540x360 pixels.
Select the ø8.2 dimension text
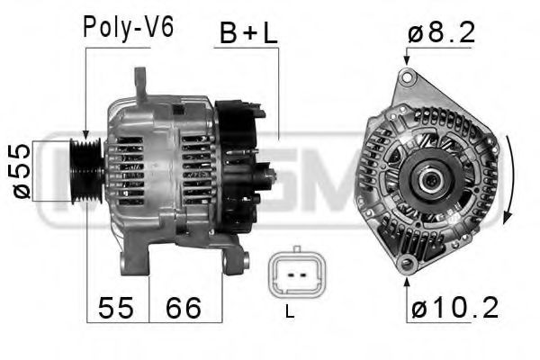(442, 33)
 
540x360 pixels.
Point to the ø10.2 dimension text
(455, 309)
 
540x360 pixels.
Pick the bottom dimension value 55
(114, 309)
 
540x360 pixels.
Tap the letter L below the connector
(289, 313)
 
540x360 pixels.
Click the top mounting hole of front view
(408, 78)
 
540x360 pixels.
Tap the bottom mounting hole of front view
(408, 264)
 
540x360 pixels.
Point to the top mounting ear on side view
(141, 85)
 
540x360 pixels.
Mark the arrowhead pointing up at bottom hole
(408, 278)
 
